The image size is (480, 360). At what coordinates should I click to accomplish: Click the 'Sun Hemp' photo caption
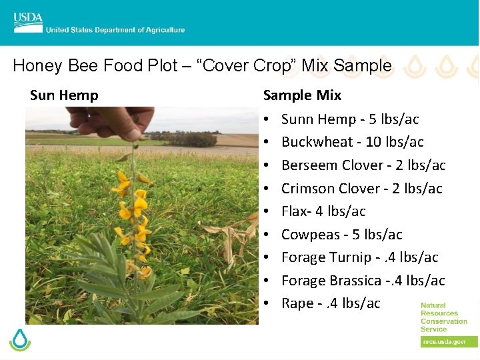coord(64,95)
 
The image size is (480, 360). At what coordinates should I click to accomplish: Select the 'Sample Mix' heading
coord(302,95)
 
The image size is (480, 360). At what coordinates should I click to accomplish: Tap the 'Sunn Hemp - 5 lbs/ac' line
coord(350,119)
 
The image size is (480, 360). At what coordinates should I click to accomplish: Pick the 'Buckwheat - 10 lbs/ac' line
coord(352,142)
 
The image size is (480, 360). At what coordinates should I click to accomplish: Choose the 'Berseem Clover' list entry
coord(363,165)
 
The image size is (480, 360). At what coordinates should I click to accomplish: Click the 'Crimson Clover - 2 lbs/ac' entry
coord(361,189)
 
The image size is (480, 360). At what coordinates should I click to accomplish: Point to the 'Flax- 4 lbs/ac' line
coord(323,211)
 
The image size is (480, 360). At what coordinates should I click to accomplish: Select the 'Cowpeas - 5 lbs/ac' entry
coord(341,235)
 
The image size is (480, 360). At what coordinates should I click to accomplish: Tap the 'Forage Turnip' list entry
coord(359,257)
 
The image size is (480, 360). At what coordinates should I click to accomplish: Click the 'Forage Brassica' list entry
coord(363,281)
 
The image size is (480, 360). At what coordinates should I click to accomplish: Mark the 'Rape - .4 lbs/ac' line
coord(331,303)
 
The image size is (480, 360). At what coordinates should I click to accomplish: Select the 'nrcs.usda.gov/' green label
coord(443,341)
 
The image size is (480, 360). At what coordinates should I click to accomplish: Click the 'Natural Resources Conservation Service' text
coord(443,317)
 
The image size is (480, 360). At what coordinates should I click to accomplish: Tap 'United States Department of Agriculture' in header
coord(115,30)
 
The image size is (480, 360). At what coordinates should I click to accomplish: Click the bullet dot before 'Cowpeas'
coord(266,235)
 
